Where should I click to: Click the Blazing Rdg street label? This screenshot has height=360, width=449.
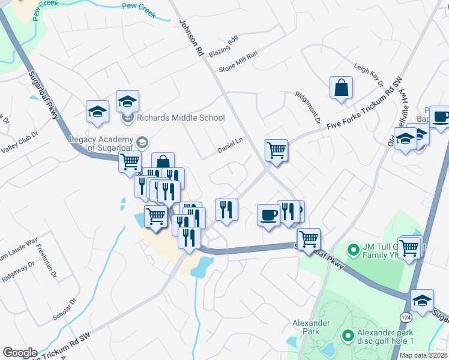point(223,46)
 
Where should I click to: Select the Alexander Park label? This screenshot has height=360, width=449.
point(311,327)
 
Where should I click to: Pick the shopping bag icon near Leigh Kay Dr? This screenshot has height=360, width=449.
point(341,88)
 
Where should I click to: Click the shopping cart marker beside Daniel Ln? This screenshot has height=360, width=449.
point(277,150)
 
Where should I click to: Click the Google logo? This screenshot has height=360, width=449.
point(20,353)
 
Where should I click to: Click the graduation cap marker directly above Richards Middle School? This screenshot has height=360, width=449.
point(127,101)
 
